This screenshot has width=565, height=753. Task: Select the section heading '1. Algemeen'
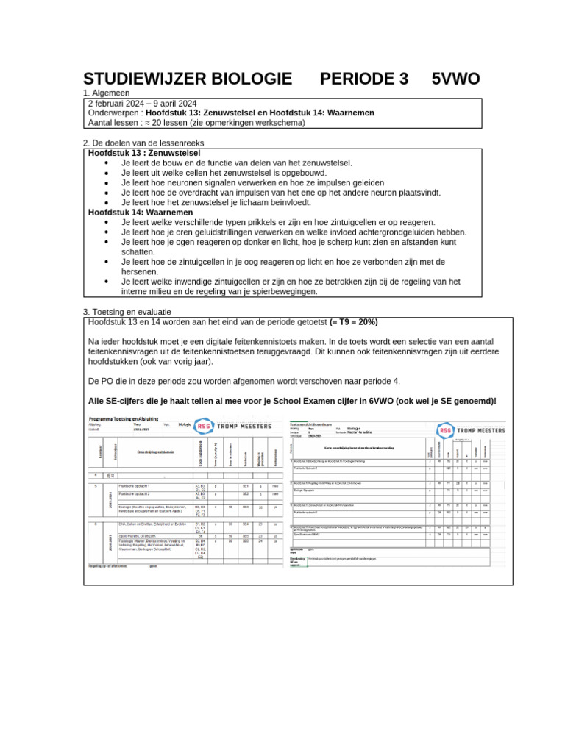[107, 93]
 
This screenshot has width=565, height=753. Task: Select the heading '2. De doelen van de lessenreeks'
[143, 143]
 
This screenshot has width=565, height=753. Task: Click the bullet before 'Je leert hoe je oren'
[107, 232]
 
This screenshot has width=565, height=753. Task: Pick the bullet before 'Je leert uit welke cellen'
[107, 172]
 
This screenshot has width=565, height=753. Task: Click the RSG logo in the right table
[446, 430]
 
